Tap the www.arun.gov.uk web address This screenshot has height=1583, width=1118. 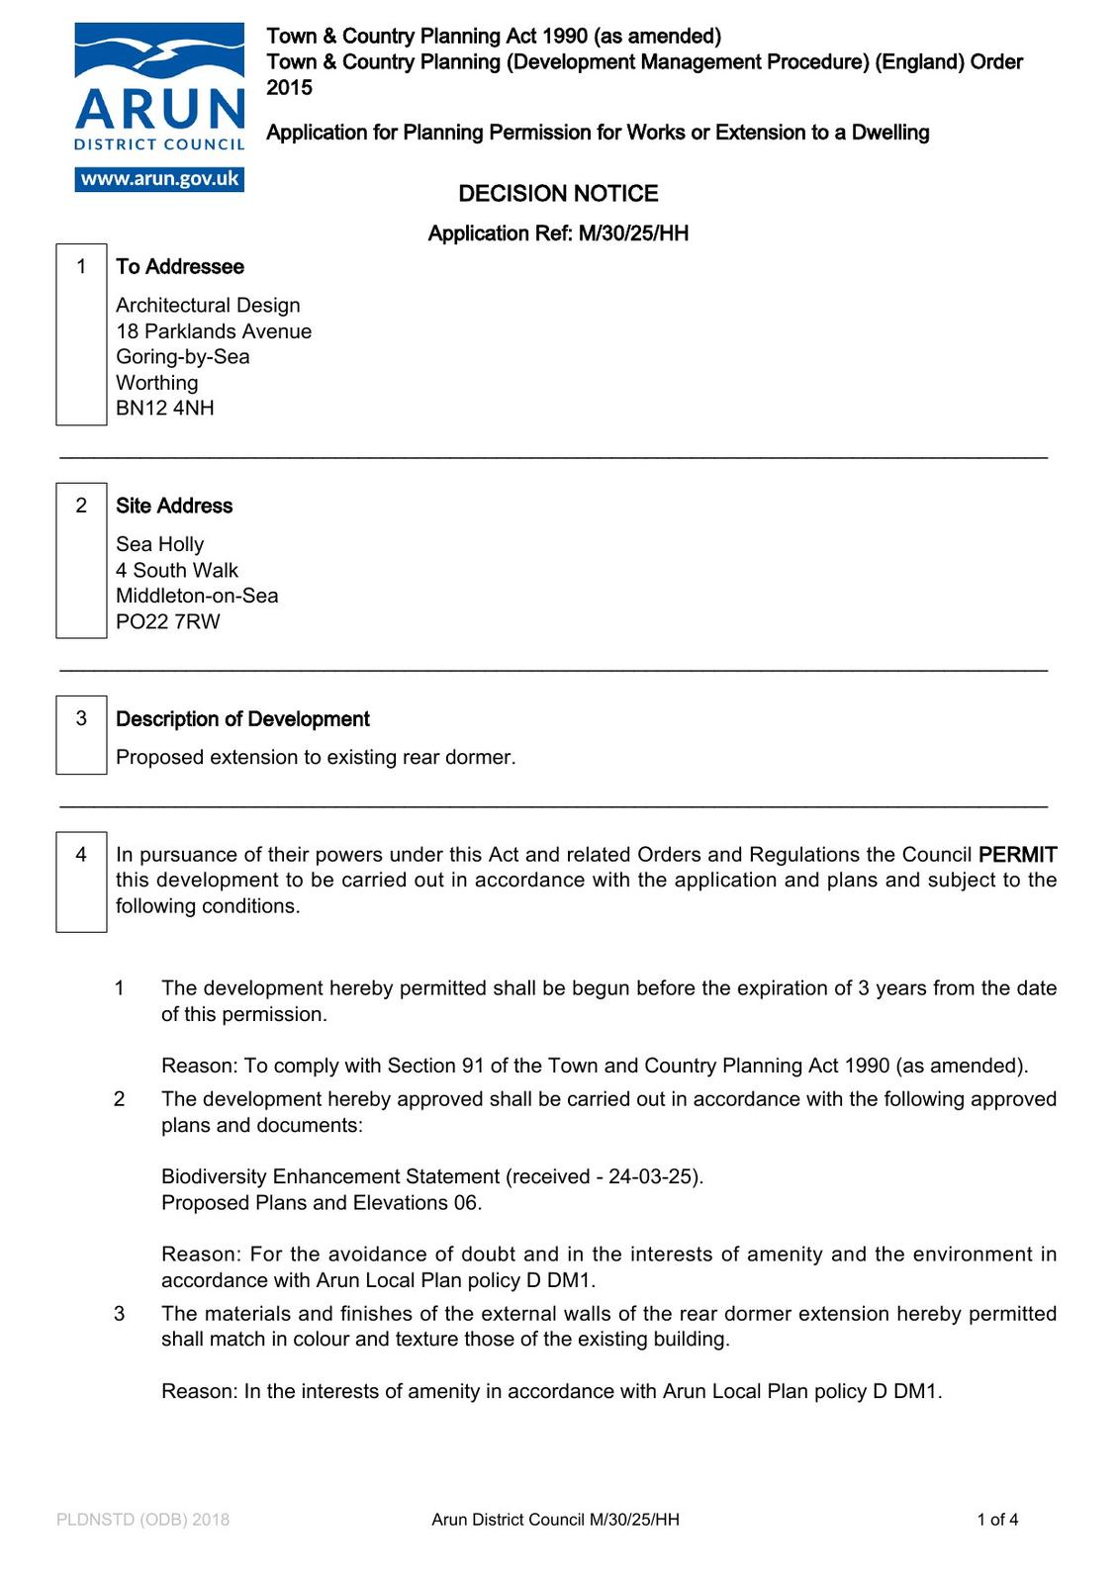click(x=159, y=179)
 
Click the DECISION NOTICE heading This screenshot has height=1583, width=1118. click(x=558, y=194)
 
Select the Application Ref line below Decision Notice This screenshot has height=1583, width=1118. click(x=558, y=233)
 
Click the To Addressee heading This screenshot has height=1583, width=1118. click(x=180, y=267)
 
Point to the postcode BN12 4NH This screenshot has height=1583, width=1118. click(x=165, y=409)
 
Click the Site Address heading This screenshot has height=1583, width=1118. click(x=174, y=506)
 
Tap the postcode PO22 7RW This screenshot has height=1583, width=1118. click(x=168, y=622)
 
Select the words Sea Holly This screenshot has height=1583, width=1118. click(x=160, y=544)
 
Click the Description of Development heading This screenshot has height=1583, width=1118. click(x=242, y=719)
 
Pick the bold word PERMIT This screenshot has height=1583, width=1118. click(x=1017, y=855)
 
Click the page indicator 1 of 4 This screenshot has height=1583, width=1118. click(x=997, y=1520)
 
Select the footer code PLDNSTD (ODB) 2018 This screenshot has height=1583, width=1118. click(x=143, y=1520)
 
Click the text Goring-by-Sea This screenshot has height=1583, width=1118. click(x=183, y=357)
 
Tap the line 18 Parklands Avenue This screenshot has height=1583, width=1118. click(x=214, y=331)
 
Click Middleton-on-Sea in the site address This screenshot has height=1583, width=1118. click(x=197, y=597)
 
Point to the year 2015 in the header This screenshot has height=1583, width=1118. click(x=289, y=88)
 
